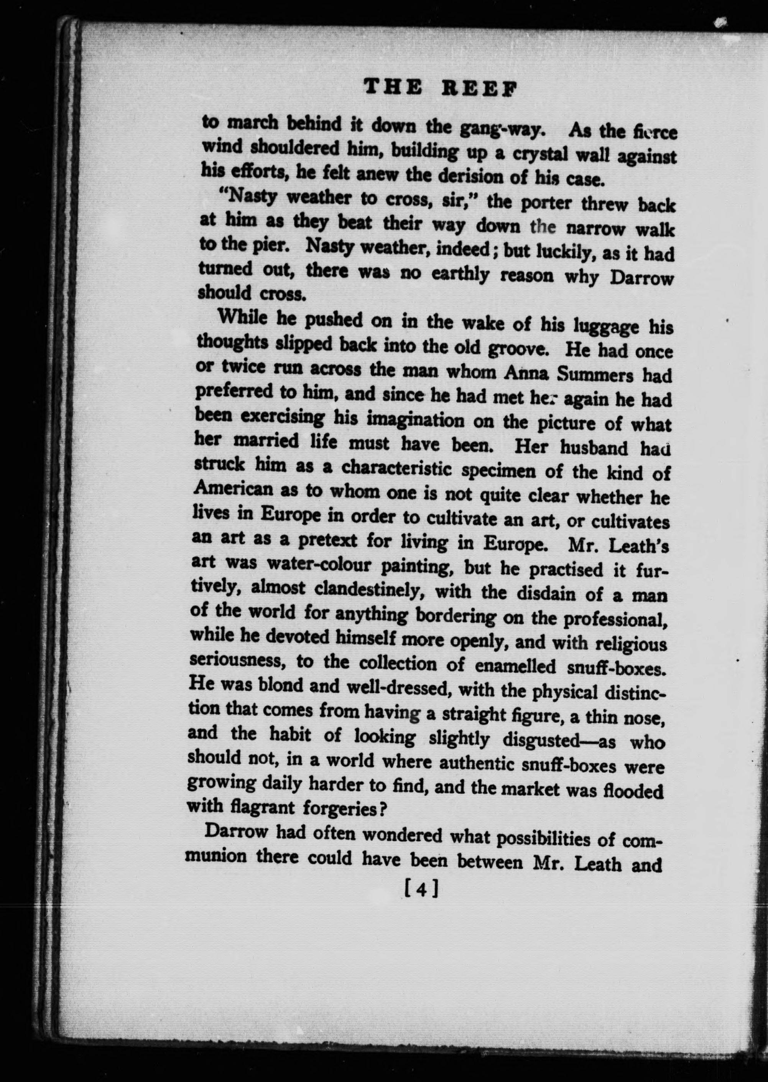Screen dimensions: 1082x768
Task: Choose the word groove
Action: point(518,349)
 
